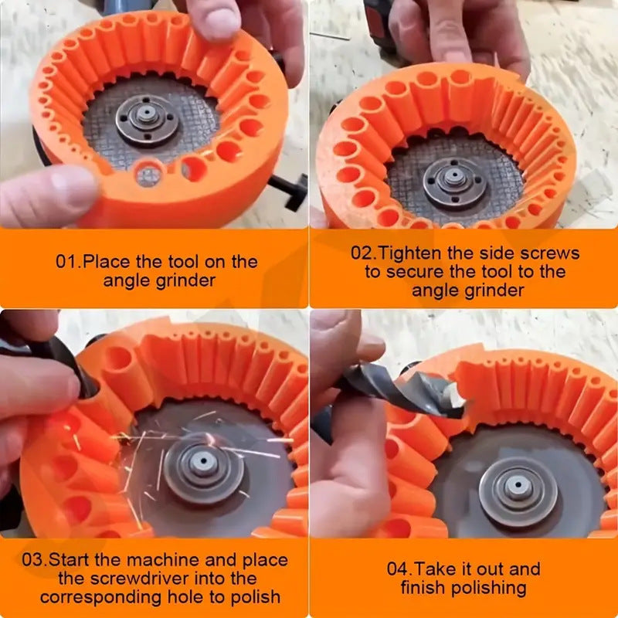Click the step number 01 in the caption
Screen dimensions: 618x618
point(66,261)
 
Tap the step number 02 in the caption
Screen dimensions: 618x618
point(362,253)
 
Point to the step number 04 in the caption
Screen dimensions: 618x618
point(398,569)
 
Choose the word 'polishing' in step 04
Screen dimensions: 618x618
point(488,588)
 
